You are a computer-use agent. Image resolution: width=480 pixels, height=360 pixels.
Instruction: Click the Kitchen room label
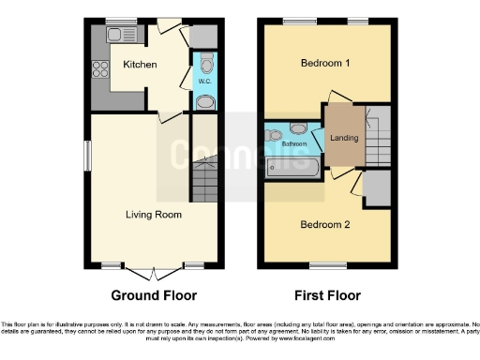[x=140, y=65]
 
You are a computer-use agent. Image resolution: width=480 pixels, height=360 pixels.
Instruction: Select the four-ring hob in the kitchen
[x=101, y=67]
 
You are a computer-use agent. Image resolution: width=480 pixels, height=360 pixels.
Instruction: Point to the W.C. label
[x=204, y=82]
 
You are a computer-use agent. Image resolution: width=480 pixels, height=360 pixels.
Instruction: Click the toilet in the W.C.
[x=206, y=63]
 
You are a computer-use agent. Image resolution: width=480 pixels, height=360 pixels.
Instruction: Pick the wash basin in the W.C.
[x=205, y=101]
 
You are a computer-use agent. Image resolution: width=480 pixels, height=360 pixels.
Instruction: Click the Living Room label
[x=154, y=215]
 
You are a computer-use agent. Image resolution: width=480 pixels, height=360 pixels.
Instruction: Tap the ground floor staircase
[x=204, y=180]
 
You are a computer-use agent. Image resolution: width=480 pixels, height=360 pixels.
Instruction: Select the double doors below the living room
[x=154, y=273]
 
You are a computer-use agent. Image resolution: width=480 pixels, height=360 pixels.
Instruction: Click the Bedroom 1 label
[x=325, y=64]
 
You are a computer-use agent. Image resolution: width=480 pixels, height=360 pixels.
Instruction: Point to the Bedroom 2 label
[x=324, y=224]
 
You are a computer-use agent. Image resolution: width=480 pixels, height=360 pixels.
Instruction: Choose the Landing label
[x=344, y=140]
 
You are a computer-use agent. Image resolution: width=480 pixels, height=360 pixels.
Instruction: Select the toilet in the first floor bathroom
[x=299, y=128]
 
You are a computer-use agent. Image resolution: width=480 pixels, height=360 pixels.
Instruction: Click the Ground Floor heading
[x=154, y=295]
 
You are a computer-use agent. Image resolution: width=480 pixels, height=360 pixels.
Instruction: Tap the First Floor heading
[x=327, y=295]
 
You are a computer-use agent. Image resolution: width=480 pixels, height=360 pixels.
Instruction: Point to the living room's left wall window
[x=90, y=156]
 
